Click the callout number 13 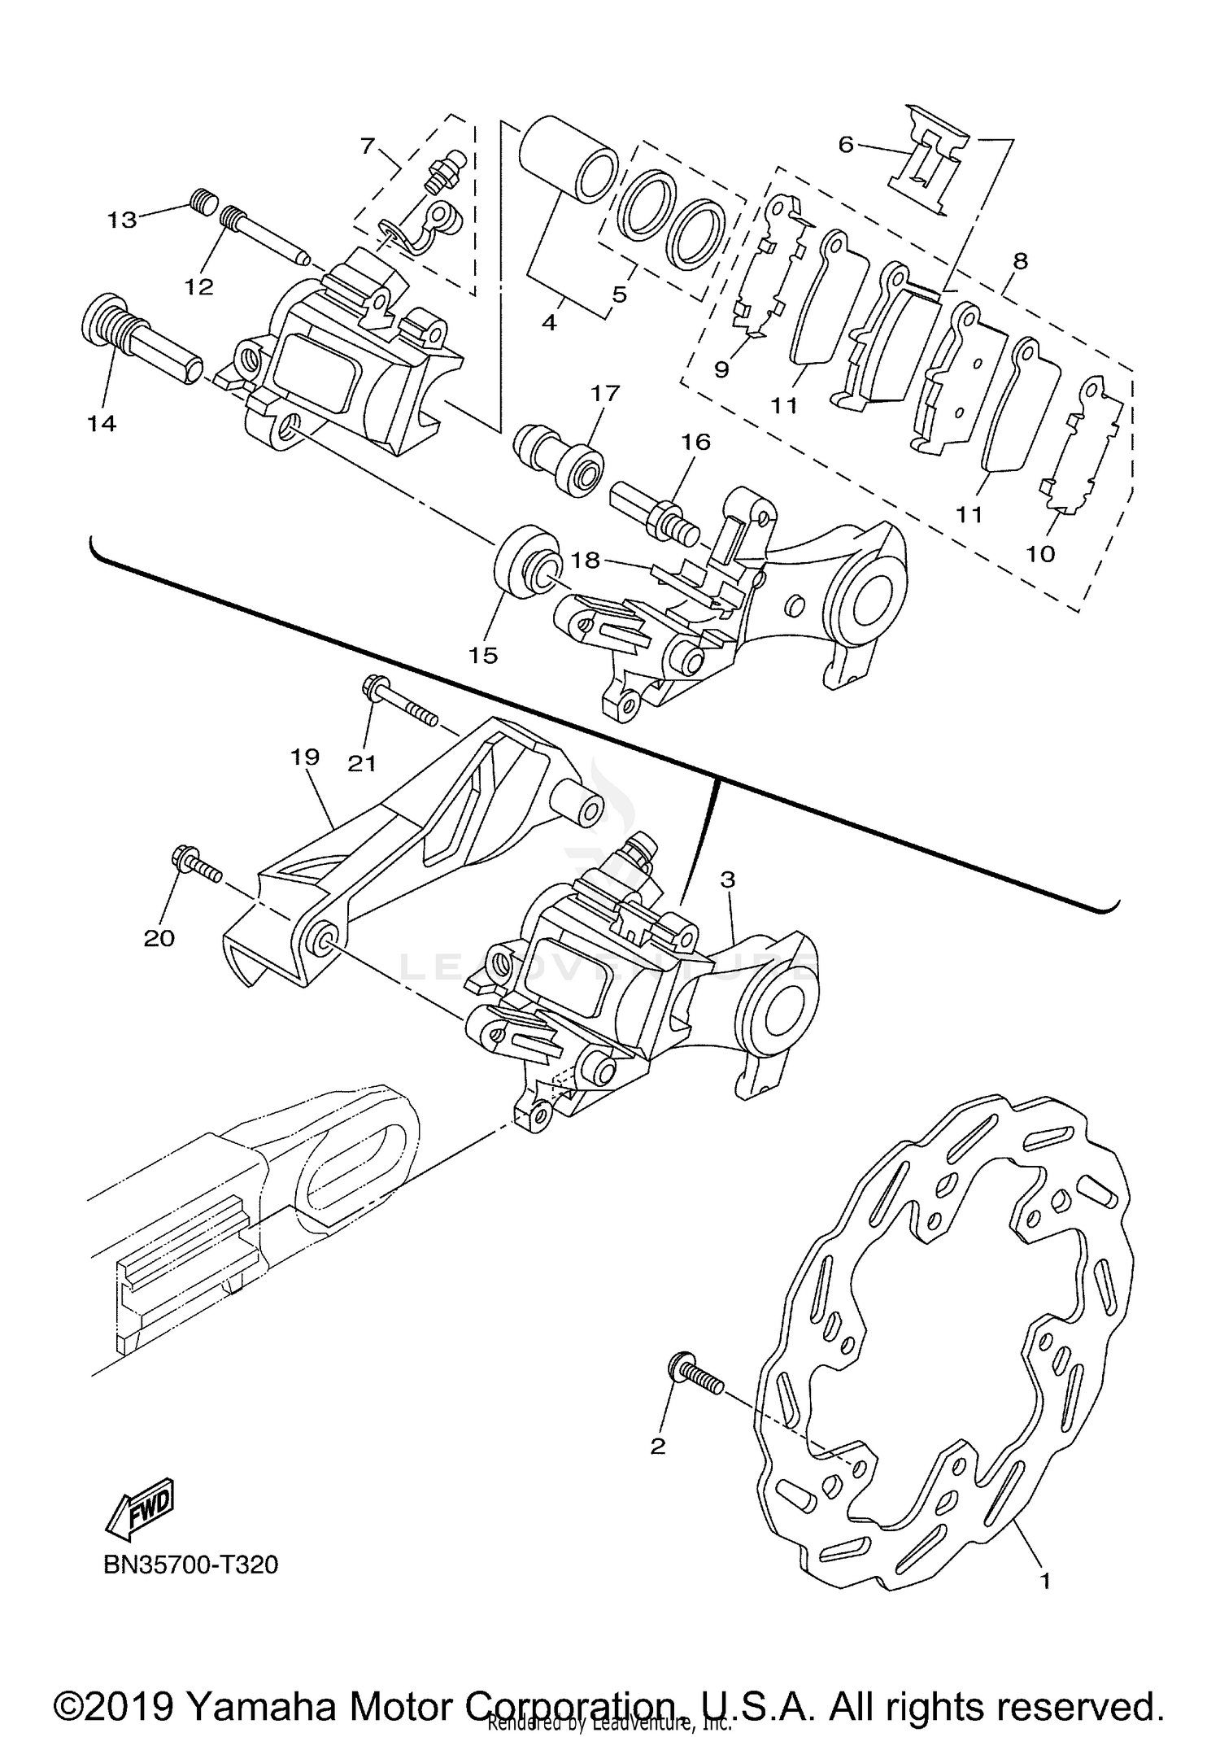123,220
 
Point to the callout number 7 368,146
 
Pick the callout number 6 846,145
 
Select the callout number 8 1020,261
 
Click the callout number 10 1040,554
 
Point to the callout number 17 605,394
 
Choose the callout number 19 305,757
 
